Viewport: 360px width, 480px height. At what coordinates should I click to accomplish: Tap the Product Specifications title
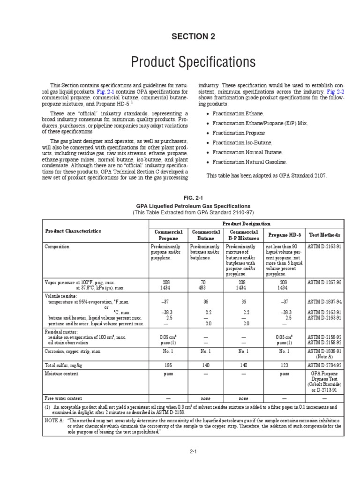(186, 62)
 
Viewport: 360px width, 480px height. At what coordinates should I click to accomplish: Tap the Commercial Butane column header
(205, 235)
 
